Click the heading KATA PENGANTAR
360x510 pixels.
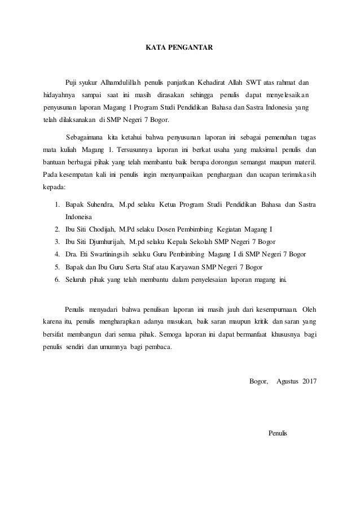coord(179,48)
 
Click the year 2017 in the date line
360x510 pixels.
coord(309,381)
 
